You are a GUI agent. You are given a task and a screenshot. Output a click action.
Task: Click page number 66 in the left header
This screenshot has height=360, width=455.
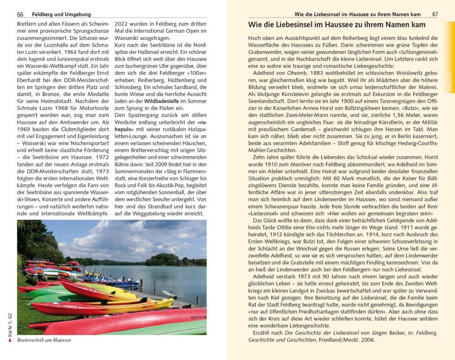20,13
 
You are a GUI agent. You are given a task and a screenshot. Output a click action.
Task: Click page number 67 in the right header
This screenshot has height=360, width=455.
435,13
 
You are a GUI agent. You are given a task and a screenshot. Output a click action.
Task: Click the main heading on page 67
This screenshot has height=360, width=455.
337,25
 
